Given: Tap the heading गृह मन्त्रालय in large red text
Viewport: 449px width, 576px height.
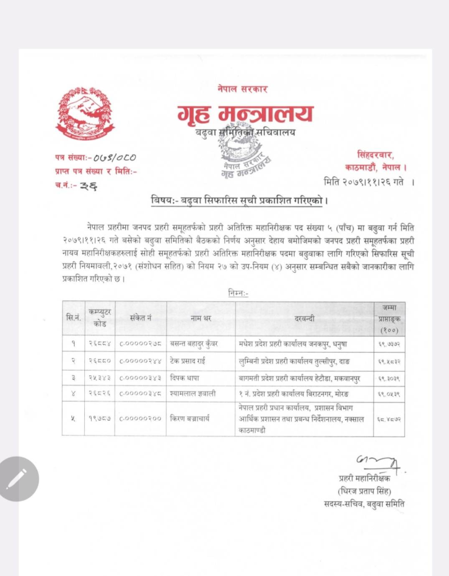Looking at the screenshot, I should pyautogui.click(x=245, y=114).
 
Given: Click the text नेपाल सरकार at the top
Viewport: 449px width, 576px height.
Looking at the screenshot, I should pyautogui.click(x=242, y=89).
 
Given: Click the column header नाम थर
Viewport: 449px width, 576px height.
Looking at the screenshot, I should pyautogui.click(x=200, y=318).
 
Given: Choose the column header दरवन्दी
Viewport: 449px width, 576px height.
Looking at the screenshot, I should pyautogui.click(x=305, y=318).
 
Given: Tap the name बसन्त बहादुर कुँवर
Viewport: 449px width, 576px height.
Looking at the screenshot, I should pyautogui.click(x=196, y=343).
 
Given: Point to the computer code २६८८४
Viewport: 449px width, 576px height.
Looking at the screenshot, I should pyautogui.click(x=99, y=343).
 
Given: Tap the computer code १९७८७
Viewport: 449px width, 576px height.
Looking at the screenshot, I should pyautogui.click(x=99, y=418).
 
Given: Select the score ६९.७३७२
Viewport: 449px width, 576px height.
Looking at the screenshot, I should pyautogui.click(x=389, y=343).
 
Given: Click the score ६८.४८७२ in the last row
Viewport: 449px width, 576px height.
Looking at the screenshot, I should pyautogui.click(x=389, y=418).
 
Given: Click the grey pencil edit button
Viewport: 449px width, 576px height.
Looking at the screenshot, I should pyautogui.click(x=19, y=479).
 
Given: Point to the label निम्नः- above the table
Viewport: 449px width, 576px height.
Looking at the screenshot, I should pyautogui.click(x=238, y=293).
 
